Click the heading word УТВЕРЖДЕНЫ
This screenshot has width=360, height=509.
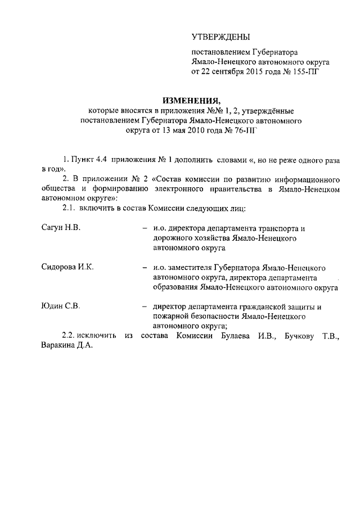coord(221,37)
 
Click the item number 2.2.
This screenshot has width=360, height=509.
coord(70,336)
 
